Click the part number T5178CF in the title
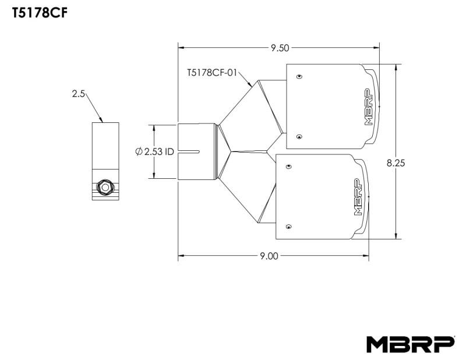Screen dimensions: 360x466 pyautogui.click(x=37, y=13)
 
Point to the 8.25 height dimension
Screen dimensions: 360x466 pyautogui.click(x=396, y=164)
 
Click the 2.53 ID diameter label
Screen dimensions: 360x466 pyautogui.click(x=154, y=151)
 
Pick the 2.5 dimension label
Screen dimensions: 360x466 pyautogui.click(x=79, y=93)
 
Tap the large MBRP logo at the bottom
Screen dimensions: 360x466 pyautogui.click(x=410, y=344)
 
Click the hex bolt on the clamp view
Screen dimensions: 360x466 pyautogui.click(x=105, y=187)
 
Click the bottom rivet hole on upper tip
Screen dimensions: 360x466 pyautogui.click(x=299, y=137)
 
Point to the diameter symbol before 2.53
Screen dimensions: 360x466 pyautogui.click(x=139, y=151)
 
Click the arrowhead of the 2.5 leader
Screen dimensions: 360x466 pyautogui.click(x=103, y=121)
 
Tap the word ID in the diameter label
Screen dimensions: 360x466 pyautogui.click(x=169, y=151)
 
